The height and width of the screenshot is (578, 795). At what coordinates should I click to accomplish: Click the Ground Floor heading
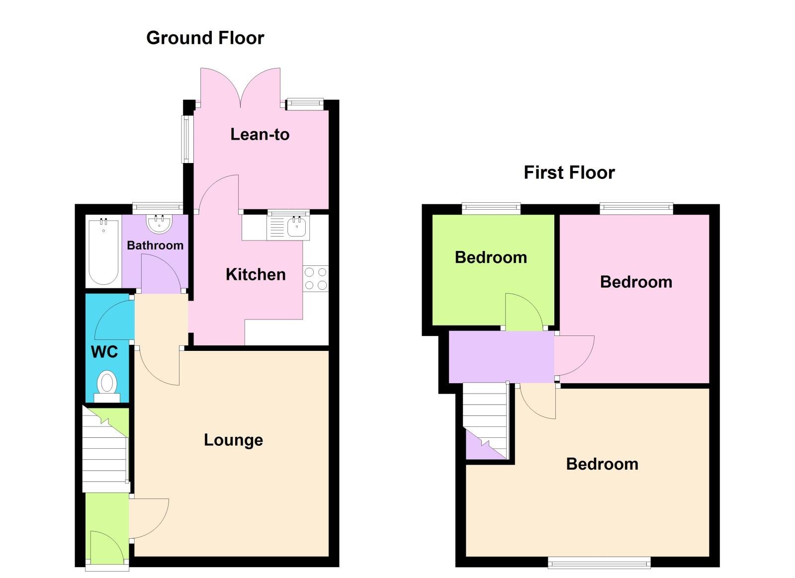click(205, 38)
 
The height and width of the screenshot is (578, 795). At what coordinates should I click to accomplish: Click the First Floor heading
click(569, 172)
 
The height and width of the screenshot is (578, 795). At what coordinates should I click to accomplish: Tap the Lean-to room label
click(260, 134)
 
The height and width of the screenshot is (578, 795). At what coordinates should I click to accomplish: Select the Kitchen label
click(256, 274)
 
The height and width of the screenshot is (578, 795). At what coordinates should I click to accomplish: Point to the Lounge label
click(233, 440)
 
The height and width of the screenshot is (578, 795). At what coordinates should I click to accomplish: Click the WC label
click(104, 352)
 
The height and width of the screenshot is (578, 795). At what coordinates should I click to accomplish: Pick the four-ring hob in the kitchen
click(316, 278)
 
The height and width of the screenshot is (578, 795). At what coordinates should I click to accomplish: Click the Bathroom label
click(155, 245)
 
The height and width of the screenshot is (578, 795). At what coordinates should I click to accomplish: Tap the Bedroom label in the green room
click(491, 257)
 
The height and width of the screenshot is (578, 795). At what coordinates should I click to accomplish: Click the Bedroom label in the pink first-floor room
click(636, 282)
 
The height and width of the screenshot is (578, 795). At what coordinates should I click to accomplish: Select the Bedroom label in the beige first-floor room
click(602, 464)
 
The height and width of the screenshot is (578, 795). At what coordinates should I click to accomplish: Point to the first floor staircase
click(485, 417)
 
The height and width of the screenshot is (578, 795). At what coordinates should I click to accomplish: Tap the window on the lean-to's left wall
click(186, 139)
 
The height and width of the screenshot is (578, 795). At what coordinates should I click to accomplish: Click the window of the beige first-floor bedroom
click(599, 563)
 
